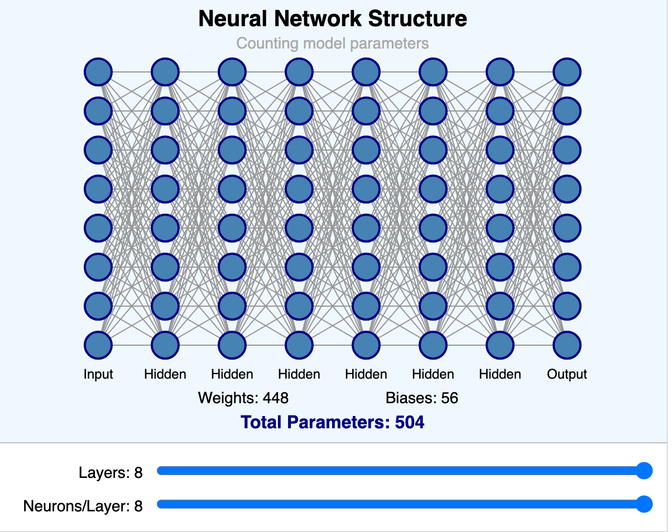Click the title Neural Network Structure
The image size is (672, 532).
click(333, 19)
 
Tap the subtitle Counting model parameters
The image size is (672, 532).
click(333, 43)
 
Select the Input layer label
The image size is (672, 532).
click(98, 374)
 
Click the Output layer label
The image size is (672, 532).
click(567, 374)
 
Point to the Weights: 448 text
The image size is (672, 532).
click(243, 398)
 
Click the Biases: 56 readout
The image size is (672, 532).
click(422, 398)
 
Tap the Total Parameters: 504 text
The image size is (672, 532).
click(333, 422)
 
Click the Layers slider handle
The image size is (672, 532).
click(644, 471)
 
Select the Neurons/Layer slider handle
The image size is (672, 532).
click(644, 505)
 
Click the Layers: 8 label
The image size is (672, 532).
click(111, 473)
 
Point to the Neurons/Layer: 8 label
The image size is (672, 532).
click(83, 506)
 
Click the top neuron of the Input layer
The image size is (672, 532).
click(98, 72)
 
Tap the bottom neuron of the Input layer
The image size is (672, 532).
click(98, 345)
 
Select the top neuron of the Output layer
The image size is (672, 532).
click(567, 72)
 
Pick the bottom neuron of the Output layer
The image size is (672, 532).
click(567, 345)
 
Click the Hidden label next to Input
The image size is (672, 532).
click(165, 374)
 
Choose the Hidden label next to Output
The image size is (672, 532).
click(500, 374)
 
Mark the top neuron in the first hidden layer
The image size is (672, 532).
click(165, 72)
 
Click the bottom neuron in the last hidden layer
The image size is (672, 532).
click(500, 345)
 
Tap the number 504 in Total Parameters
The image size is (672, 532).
click(410, 422)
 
